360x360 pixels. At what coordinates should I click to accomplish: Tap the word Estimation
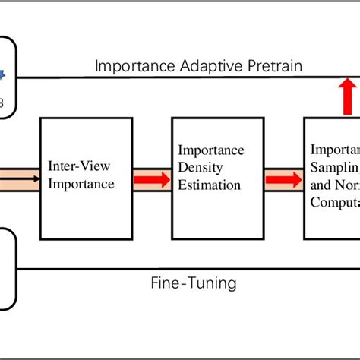(x=209, y=185)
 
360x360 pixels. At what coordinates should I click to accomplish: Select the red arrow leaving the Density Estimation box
(x=283, y=180)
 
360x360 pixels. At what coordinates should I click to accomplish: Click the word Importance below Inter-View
(x=81, y=184)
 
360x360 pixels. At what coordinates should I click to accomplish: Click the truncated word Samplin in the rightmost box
(x=335, y=166)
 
